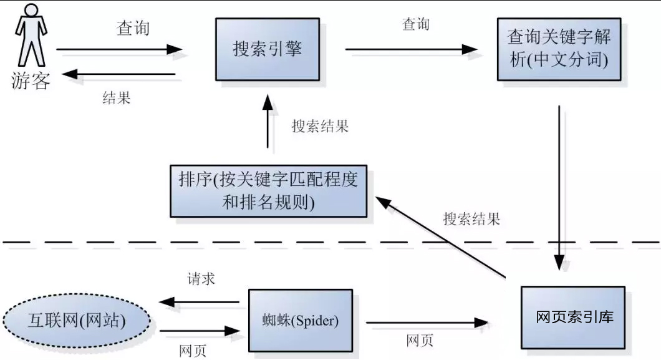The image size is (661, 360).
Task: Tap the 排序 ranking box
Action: coord(268,190)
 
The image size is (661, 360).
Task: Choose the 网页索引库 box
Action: coord(573,317)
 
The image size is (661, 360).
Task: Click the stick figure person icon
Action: coord(30,36)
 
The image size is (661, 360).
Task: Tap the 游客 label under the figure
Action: coord(30,81)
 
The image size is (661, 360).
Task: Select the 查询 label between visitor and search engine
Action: coord(133,28)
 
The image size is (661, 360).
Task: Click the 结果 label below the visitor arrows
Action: coord(116,97)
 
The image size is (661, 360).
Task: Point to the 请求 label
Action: coord(201,278)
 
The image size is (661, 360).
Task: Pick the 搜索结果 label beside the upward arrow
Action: coord(320,126)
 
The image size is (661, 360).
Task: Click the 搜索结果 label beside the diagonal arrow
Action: coord(471,219)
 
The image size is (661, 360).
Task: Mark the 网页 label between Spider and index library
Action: coord(420,340)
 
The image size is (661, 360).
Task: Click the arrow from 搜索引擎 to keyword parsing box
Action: coord(412,49)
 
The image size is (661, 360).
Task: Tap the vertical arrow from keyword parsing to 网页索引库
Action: coord(559,187)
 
